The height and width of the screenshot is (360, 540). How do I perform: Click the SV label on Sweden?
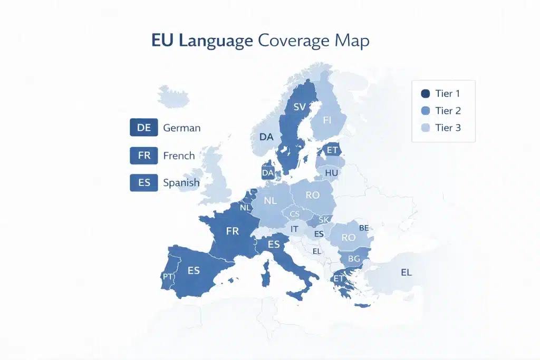click(x=300, y=107)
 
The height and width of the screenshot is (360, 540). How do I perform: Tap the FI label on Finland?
click(x=327, y=120)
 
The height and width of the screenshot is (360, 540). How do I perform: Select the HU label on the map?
click(x=332, y=172)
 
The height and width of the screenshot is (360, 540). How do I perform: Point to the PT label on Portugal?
click(x=168, y=277)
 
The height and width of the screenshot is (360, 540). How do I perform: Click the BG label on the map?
click(x=354, y=259)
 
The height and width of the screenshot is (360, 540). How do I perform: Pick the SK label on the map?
click(x=324, y=219)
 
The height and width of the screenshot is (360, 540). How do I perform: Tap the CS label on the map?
click(x=295, y=214)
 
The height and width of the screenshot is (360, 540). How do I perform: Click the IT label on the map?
click(x=295, y=229)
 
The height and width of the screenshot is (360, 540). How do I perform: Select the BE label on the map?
click(x=364, y=228)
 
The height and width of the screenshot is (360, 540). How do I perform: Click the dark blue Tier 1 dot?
click(x=425, y=94)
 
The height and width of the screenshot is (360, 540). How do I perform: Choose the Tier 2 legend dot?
click(x=425, y=111)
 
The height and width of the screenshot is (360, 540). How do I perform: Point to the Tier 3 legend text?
click(x=448, y=128)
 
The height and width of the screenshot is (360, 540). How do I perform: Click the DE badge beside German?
click(x=143, y=128)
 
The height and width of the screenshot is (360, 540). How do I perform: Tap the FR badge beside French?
click(x=143, y=155)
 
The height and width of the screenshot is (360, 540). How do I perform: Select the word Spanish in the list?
click(x=181, y=183)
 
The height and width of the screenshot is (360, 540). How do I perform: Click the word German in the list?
click(x=182, y=128)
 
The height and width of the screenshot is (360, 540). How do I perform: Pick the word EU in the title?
click(x=163, y=41)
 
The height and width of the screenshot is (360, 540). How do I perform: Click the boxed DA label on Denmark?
click(x=268, y=172)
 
